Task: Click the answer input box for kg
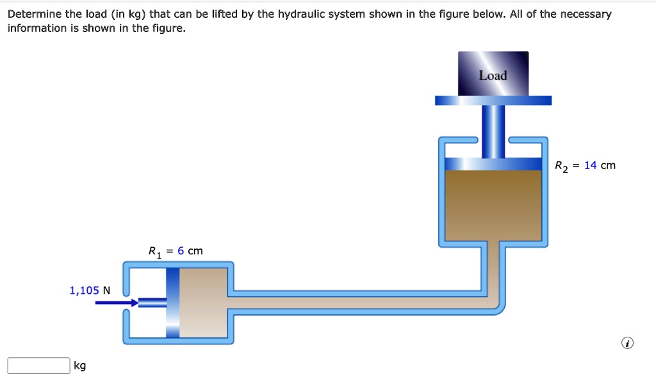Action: click(38, 366)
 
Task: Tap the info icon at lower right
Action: click(627, 344)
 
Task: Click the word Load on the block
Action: click(493, 76)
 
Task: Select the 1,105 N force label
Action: click(90, 291)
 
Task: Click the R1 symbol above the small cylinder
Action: click(155, 251)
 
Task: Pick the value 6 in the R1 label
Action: click(181, 250)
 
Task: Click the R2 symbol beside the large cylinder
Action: click(562, 166)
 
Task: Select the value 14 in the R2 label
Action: click(590, 165)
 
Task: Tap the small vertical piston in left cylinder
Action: click(173, 302)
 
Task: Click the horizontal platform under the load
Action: click(493, 101)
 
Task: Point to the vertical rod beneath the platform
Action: click(493, 131)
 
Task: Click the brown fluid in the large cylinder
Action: click(493, 205)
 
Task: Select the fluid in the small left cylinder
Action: click(204, 302)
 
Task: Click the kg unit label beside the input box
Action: click(79, 366)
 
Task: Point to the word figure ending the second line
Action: click(169, 28)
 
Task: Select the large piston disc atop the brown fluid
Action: click(493, 164)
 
